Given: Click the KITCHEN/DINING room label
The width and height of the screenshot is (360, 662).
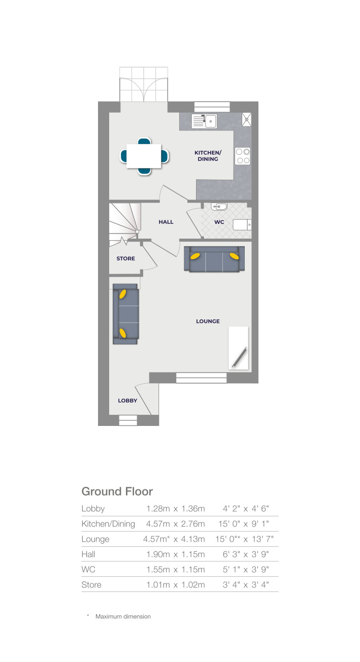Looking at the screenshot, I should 208,155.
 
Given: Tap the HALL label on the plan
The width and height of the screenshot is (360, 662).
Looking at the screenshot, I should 166,222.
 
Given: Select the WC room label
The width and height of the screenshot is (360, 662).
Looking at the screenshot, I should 218,222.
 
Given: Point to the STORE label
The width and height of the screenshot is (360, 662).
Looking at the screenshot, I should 125,258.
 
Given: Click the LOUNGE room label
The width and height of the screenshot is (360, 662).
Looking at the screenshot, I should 208,321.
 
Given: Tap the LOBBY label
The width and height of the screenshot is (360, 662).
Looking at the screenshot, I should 127,400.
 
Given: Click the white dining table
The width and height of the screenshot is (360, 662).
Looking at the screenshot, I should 144,156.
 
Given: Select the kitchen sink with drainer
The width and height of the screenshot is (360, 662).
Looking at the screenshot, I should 204,121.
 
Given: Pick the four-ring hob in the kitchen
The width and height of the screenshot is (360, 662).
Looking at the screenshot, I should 243,155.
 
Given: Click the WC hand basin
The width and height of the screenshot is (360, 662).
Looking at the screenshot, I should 220,207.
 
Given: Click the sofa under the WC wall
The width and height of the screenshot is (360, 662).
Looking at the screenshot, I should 214,259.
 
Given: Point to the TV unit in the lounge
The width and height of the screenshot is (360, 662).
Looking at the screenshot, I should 239,348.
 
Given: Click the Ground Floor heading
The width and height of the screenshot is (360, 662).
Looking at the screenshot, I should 117,491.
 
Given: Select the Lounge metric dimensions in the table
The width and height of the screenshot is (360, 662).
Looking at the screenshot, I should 174,539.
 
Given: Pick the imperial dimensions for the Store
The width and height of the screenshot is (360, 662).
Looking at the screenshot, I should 246,584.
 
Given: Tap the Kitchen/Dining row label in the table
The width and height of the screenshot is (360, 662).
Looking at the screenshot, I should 108,523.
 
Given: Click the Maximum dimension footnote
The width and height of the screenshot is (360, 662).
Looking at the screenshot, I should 122,616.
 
